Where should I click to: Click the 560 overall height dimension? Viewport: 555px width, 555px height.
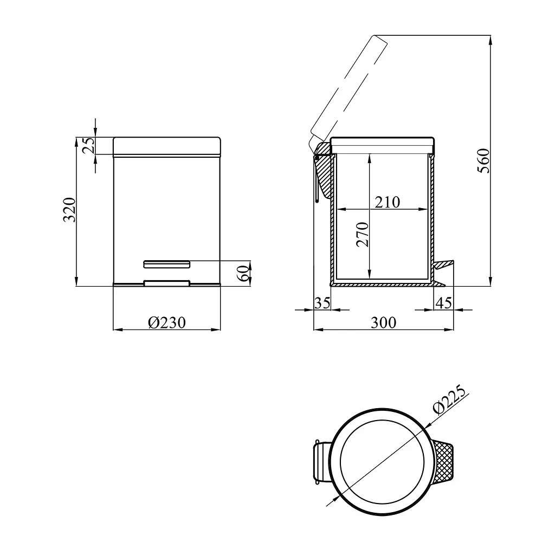[483, 160]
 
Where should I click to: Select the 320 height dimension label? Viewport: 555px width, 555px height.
[69, 210]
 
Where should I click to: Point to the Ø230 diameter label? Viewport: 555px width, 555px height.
[167, 322]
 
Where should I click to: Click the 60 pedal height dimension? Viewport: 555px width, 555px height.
[243, 273]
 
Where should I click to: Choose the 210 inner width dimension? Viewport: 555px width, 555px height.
[387, 202]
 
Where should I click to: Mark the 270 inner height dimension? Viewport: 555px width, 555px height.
[363, 234]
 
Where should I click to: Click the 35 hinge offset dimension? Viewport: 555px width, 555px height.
[322, 303]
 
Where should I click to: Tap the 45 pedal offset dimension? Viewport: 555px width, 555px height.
[444, 303]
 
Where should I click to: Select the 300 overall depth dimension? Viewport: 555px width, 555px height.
[383, 322]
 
